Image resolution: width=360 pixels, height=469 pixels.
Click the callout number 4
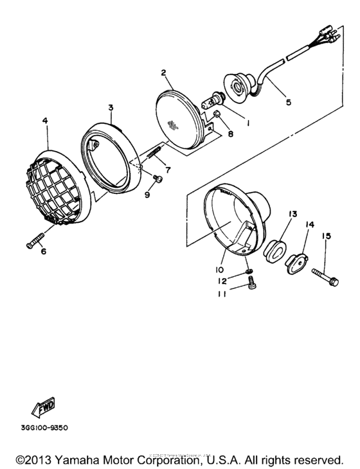pyautogui.click(x=46, y=120)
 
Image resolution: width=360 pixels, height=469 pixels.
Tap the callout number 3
pyautogui.click(x=111, y=108)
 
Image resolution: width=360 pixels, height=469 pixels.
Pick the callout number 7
pyautogui.click(x=168, y=170)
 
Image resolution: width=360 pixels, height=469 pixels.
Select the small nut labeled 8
pyautogui.click(x=217, y=115)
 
